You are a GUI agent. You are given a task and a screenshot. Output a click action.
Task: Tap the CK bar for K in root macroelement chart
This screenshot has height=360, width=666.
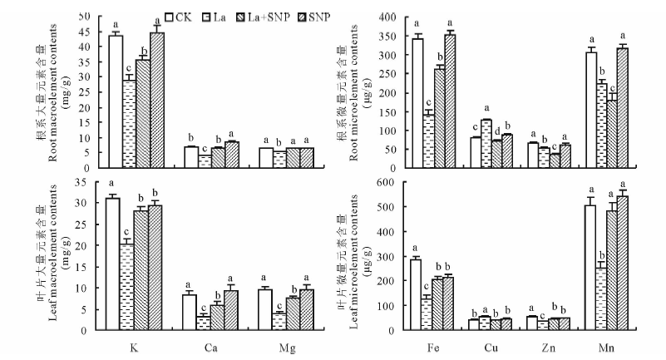(x=116, y=100)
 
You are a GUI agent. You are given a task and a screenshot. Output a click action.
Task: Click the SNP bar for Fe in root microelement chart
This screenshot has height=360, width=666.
(x=451, y=100)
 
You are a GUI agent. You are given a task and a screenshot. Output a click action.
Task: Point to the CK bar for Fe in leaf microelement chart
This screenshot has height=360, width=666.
(x=416, y=294)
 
